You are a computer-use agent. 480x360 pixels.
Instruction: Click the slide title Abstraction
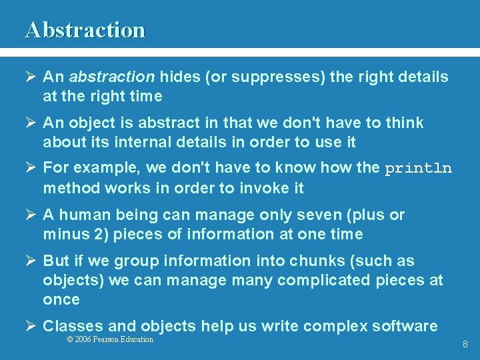pyautogui.click(x=85, y=30)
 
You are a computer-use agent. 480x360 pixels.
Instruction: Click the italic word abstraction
pyautogui.click(x=111, y=77)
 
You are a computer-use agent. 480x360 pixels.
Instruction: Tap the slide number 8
pyautogui.click(x=465, y=345)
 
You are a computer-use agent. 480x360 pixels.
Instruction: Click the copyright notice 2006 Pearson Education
pyautogui.click(x=111, y=339)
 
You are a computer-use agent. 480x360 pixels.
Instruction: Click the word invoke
pyautogui.click(x=257, y=189)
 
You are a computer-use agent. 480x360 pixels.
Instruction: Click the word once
pyautogui.click(x=61, y=300)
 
